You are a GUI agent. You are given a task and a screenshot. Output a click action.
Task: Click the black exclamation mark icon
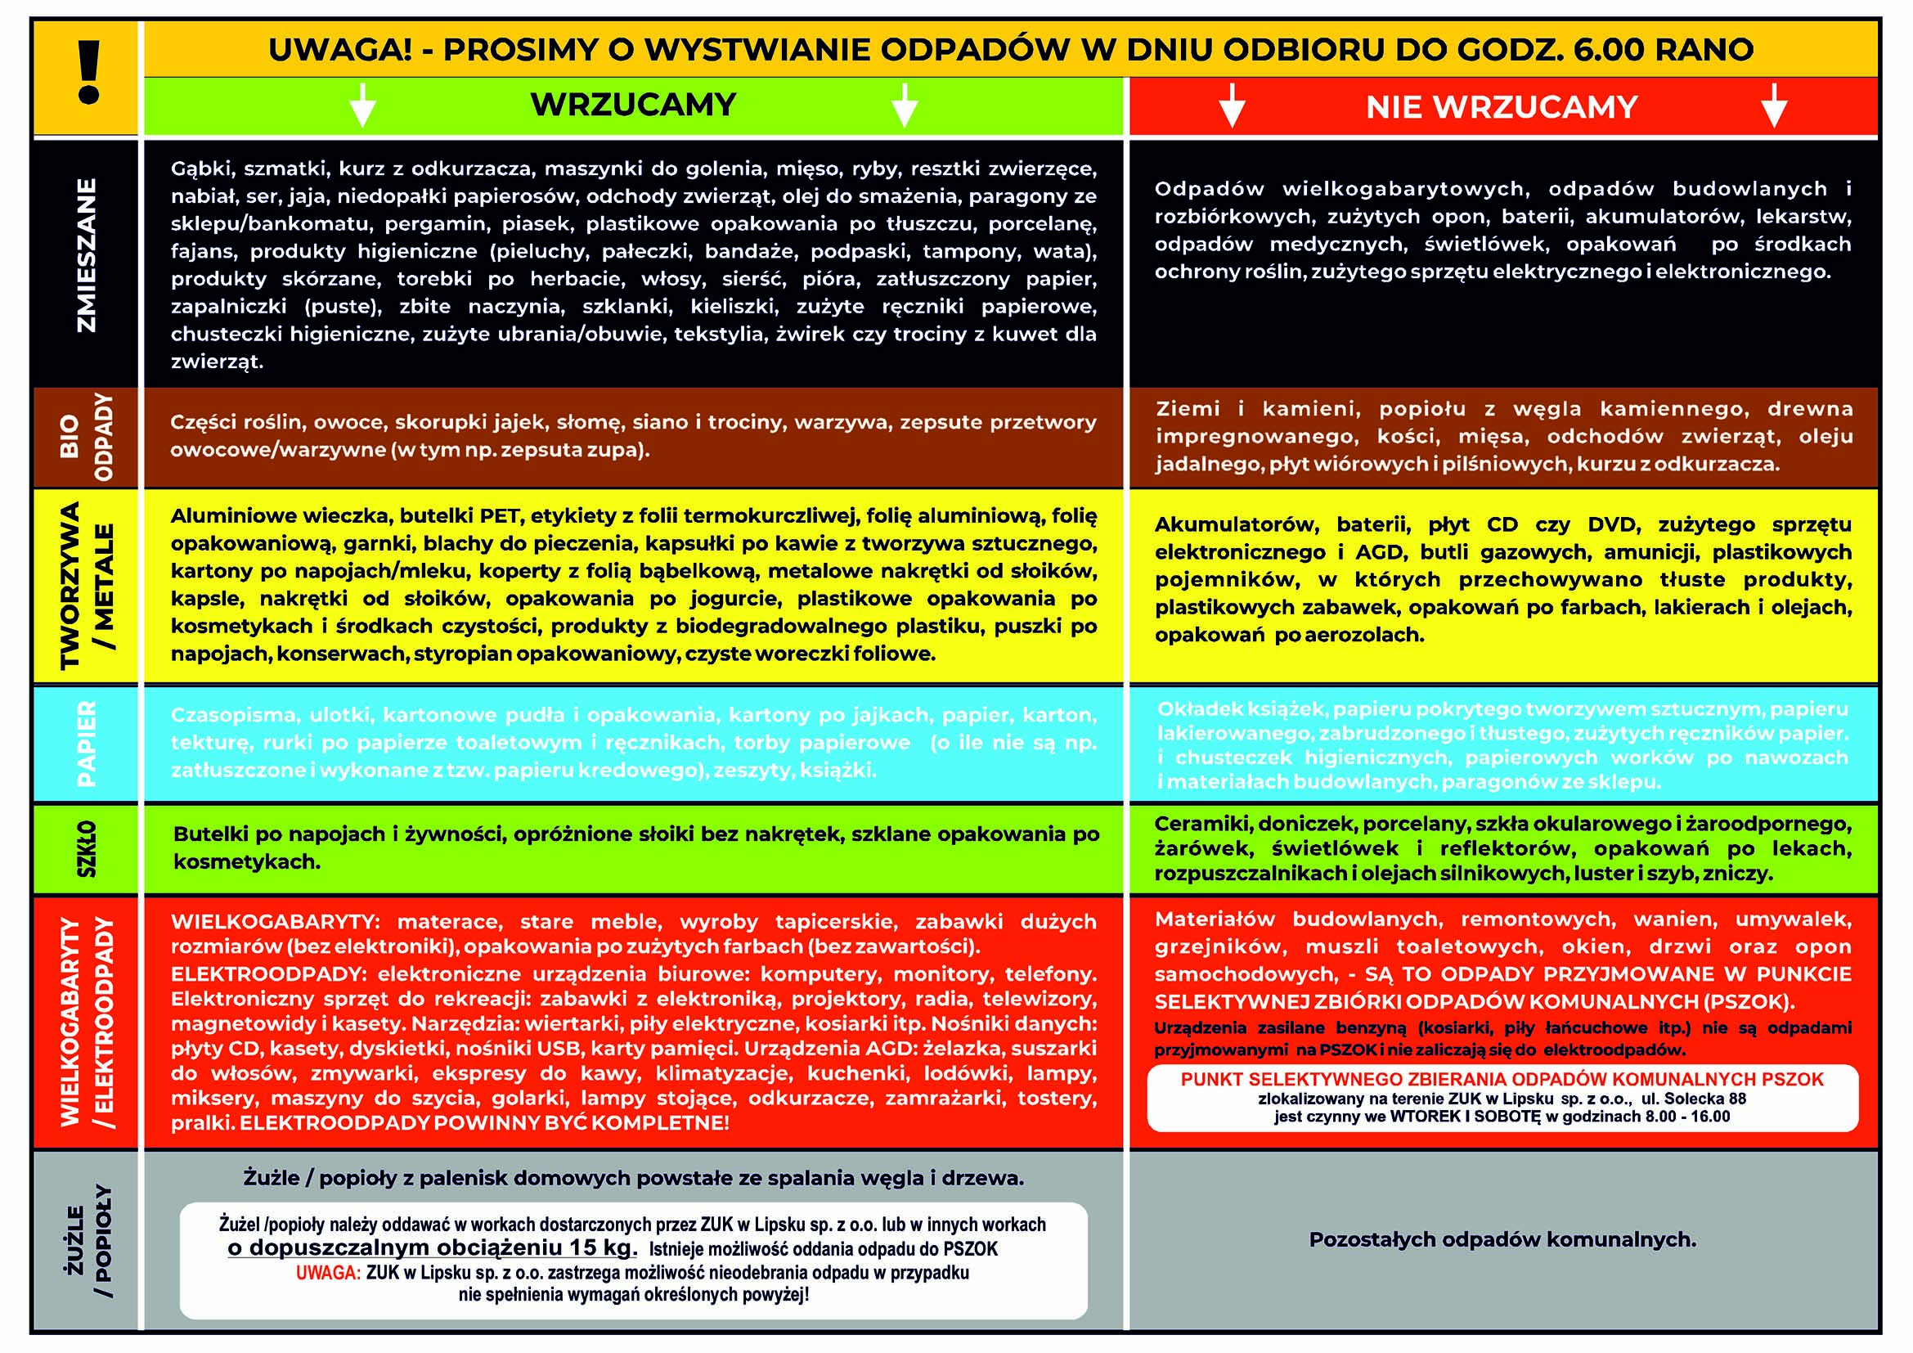tap(88, 73)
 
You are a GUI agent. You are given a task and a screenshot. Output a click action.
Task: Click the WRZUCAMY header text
tap(633, 105)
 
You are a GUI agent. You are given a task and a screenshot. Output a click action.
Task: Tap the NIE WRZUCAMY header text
tap(1502, 107)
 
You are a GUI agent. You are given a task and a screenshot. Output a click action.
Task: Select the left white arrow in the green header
tap(362, 105)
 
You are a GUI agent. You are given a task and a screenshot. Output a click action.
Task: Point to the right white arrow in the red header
tap(1774, 106)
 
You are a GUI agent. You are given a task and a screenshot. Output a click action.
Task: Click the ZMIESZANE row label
tap(86, 256)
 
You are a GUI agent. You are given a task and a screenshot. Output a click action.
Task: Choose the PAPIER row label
tap(86, 743)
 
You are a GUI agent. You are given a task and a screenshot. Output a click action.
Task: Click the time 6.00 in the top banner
tap(1608, 50)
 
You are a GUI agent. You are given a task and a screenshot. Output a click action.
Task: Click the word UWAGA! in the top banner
tap(340, 50)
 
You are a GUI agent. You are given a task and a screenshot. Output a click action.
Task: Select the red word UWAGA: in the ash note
tap(328, 1273)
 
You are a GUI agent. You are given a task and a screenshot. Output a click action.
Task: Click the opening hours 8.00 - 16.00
tap(1687, 1117)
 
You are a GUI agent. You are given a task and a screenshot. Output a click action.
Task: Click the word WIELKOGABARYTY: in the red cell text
tap(275, 922)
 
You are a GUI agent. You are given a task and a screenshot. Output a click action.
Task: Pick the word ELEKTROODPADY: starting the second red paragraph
tap(269, 974)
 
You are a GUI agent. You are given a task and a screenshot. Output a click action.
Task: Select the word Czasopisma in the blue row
tap(234, 715)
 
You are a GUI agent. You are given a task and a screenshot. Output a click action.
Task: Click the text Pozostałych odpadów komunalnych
tap(1502, 1239)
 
